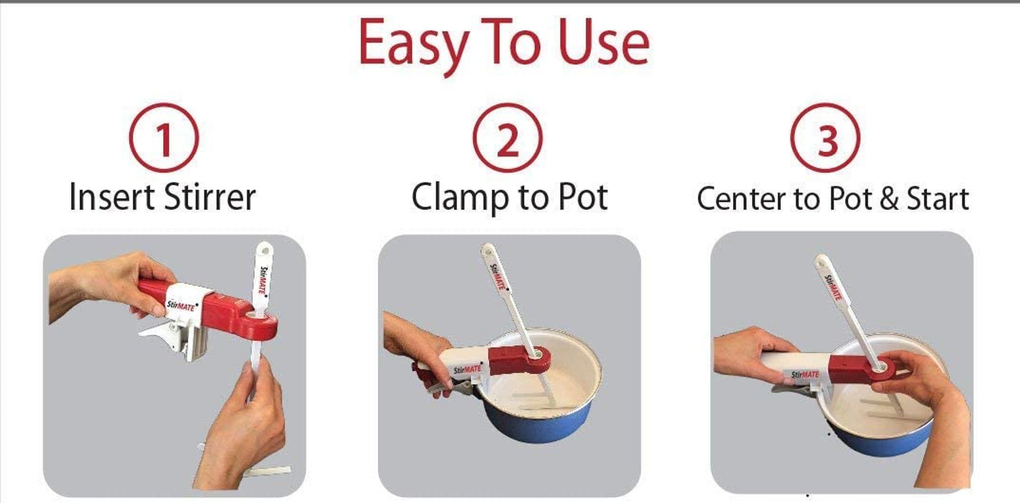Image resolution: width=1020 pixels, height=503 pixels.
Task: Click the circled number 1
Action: click(164, 138)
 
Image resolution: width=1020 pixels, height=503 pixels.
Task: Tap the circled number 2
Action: click(507, 138)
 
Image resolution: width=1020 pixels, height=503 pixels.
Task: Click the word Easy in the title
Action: click(412, 44)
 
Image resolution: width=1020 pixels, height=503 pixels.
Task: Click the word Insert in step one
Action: click(111, 197)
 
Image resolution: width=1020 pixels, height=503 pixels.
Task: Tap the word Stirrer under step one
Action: click(210, 197)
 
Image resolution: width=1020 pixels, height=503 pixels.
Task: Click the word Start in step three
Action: click(937, 199)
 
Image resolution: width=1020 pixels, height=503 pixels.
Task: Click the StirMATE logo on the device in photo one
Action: click(181, 306)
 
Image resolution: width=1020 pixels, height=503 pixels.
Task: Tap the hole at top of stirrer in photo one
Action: click(262, 250)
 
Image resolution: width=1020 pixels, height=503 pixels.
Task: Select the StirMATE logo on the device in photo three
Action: click(805, 375)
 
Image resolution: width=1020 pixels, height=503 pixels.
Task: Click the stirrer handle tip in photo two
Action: click(487, 250)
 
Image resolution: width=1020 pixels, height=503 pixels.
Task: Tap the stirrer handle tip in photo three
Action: click(821, 261)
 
